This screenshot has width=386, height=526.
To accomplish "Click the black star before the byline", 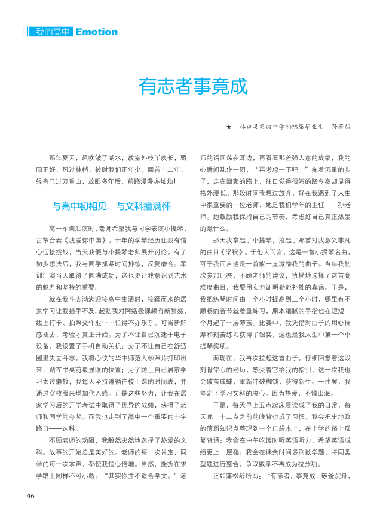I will (x=228, y=127).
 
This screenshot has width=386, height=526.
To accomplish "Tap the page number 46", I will (x=30, y=495).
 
